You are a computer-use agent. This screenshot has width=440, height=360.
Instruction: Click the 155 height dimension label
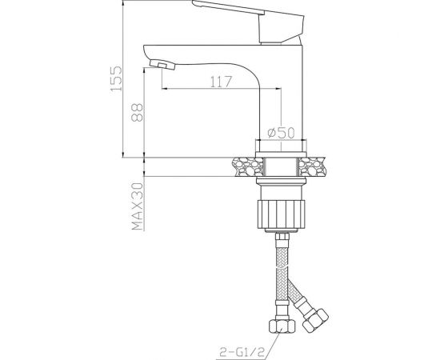tap(116, 78)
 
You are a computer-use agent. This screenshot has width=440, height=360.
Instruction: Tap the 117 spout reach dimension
tap(222, 82)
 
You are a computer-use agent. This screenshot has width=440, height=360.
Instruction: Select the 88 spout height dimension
tap(138, 112)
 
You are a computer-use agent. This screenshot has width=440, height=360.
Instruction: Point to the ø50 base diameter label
tap(281, 133)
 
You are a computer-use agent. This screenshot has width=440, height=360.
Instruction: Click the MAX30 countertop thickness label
tap(138, 206)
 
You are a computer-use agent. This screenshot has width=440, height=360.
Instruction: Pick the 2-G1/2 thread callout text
tap(242, 353)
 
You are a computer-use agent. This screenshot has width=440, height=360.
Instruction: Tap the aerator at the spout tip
tap(162, 65)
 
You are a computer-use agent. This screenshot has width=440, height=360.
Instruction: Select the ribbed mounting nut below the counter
tap(281, 214)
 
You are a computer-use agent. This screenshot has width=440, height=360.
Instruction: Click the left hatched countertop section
tap(248, 166)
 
